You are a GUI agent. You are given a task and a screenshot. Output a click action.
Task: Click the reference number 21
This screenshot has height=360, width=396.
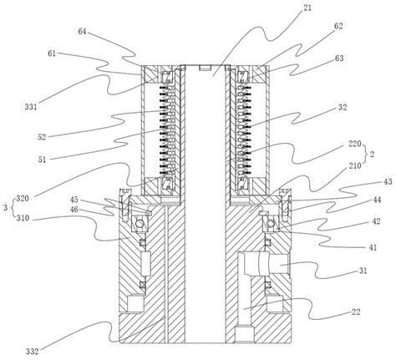click(307, 8)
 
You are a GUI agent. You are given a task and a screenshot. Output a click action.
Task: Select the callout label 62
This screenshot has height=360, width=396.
click(338, 26)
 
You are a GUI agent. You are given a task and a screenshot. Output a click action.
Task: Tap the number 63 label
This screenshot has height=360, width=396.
click(339, 58)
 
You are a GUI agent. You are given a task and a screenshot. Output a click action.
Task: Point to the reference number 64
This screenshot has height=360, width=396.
click(82, 32)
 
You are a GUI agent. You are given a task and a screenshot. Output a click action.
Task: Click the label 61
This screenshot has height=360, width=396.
click(52, 53)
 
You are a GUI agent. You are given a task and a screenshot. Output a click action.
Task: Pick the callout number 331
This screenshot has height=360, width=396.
click(31, 107)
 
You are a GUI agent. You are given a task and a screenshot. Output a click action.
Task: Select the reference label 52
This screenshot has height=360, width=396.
click(42, 137)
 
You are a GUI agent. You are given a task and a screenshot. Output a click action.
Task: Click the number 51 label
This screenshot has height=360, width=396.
click(42, 160)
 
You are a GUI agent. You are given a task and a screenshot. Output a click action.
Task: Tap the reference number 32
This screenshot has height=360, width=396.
click(343, 107)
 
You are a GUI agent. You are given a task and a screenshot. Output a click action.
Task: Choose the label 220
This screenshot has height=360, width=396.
click(355, 144)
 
